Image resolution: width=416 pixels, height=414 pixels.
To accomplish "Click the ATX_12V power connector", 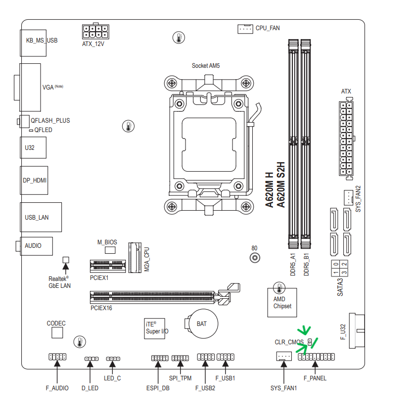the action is pos(95,31).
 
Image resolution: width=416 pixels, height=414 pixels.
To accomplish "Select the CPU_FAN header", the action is pos(245,29).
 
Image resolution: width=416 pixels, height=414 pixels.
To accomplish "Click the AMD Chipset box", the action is pos(282,302).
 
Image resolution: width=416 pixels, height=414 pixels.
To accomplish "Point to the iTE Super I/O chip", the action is pos(154,328).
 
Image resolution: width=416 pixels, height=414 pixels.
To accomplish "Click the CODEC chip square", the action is pos(57,332).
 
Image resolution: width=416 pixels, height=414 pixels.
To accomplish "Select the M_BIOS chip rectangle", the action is pos(110,250).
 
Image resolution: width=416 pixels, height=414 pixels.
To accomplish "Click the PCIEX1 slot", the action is pos(108,266).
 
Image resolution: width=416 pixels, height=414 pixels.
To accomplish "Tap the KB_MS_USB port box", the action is pos(33,43).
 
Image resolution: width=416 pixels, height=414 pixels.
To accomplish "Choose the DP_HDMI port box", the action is pos(34,181).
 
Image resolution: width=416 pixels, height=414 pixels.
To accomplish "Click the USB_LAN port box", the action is pos(41,217).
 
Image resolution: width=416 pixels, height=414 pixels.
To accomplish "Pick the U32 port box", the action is pos(33,148).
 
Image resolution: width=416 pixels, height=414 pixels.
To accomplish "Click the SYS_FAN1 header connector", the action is pos(284,356).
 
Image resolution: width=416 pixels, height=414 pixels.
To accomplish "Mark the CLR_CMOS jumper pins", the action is pos(310,342).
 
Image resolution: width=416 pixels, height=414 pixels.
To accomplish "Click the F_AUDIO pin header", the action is pos(57,357).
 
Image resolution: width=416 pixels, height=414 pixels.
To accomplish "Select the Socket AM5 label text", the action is pos(206,65).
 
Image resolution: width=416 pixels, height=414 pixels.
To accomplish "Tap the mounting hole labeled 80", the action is pos(255,258).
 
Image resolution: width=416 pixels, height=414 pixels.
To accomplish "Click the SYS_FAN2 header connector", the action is pos(348,197).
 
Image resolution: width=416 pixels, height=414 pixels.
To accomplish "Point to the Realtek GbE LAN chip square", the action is pos(66,260).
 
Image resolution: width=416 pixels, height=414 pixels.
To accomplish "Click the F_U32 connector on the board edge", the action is pos(357,331).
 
